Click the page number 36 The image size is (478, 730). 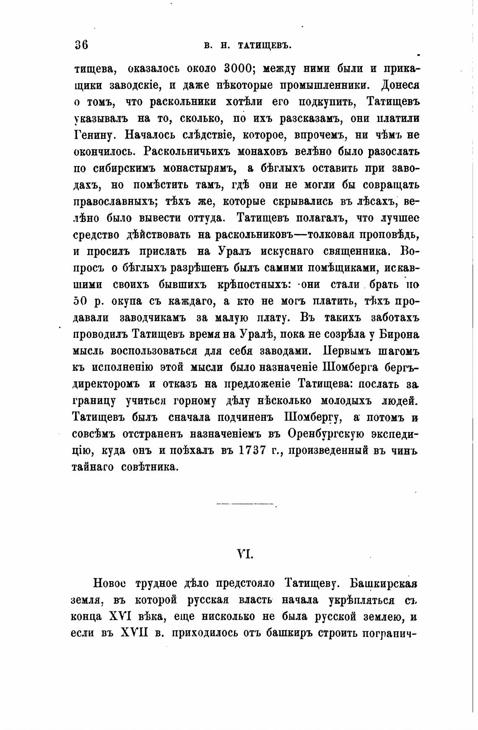81,45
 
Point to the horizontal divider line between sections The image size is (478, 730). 247,503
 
